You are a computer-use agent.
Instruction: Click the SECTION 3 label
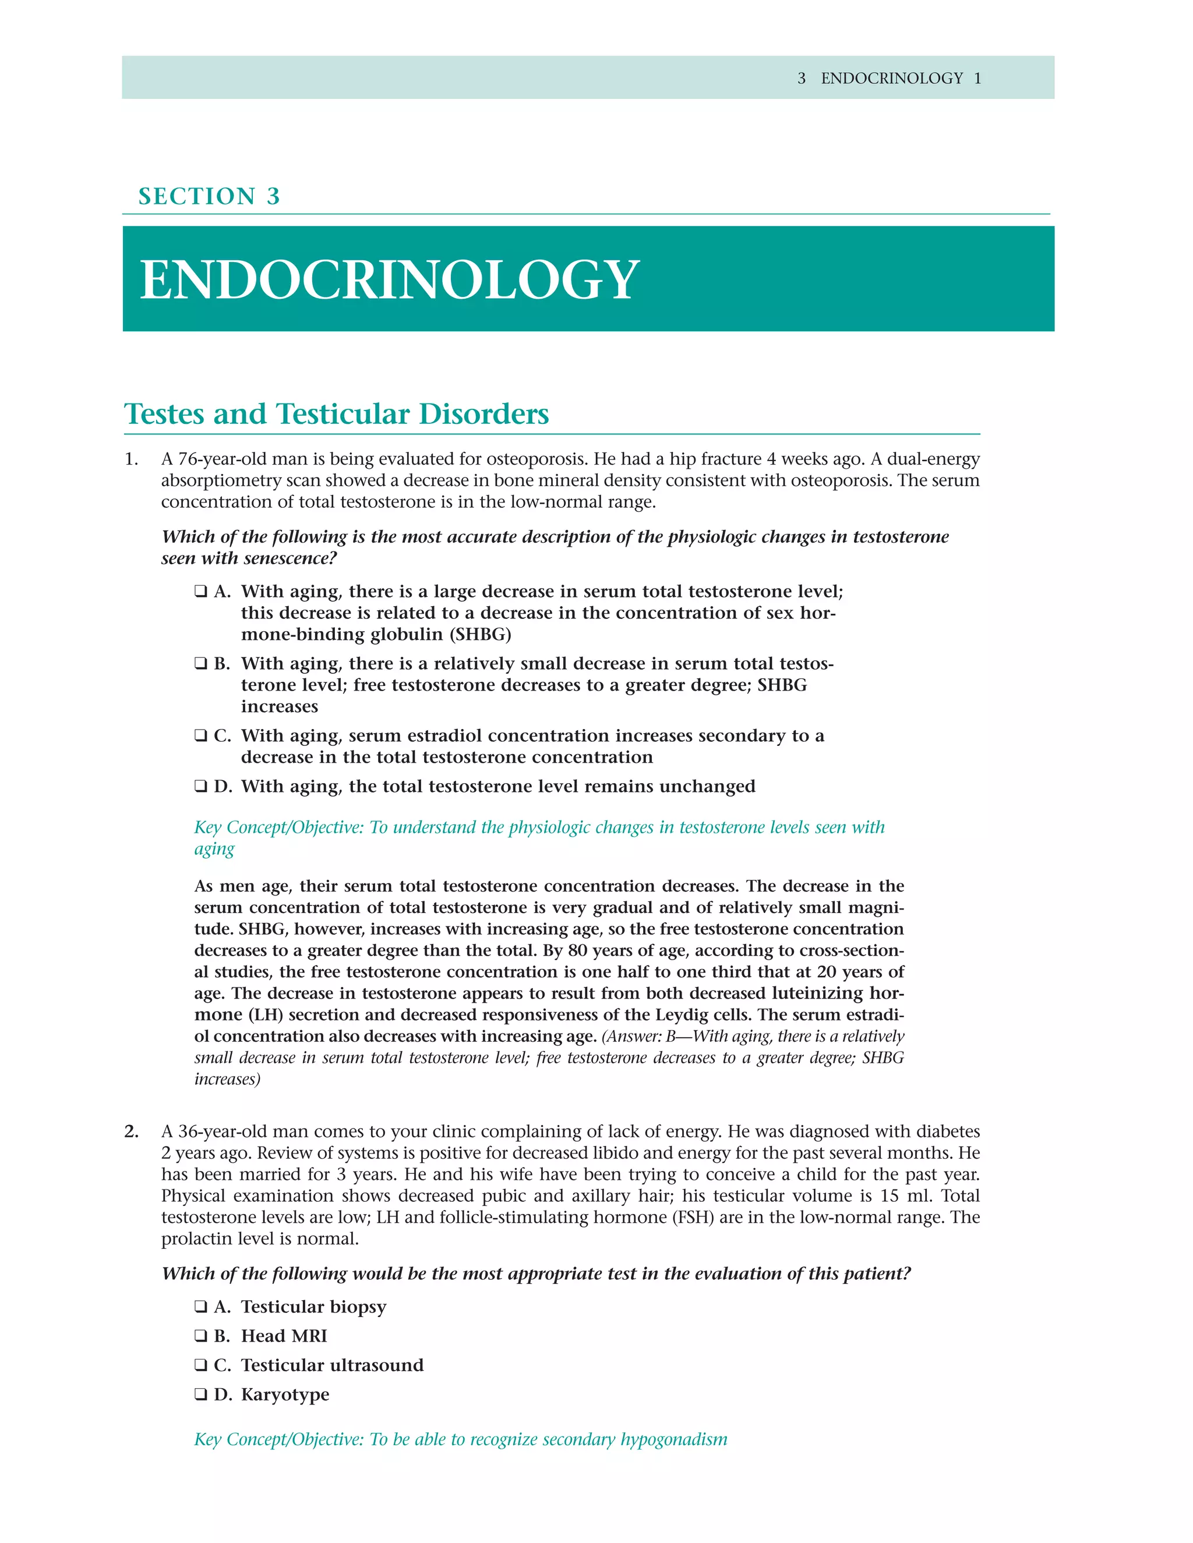tap(209, 196)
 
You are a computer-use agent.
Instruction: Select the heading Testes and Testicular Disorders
tap(337, 414)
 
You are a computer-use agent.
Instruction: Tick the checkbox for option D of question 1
tap(201, 785)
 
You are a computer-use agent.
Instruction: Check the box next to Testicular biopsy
tap(201, 1307)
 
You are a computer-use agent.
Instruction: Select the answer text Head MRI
tap(284, 1335)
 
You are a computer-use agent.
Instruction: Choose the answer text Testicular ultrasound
tap(332, 1364)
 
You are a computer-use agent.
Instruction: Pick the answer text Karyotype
tap(285, 1394)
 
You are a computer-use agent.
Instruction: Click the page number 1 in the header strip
tap(977, 79)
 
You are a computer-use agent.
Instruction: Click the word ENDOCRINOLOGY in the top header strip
tap(892, 79)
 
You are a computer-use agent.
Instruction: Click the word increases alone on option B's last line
tap(279, 706)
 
